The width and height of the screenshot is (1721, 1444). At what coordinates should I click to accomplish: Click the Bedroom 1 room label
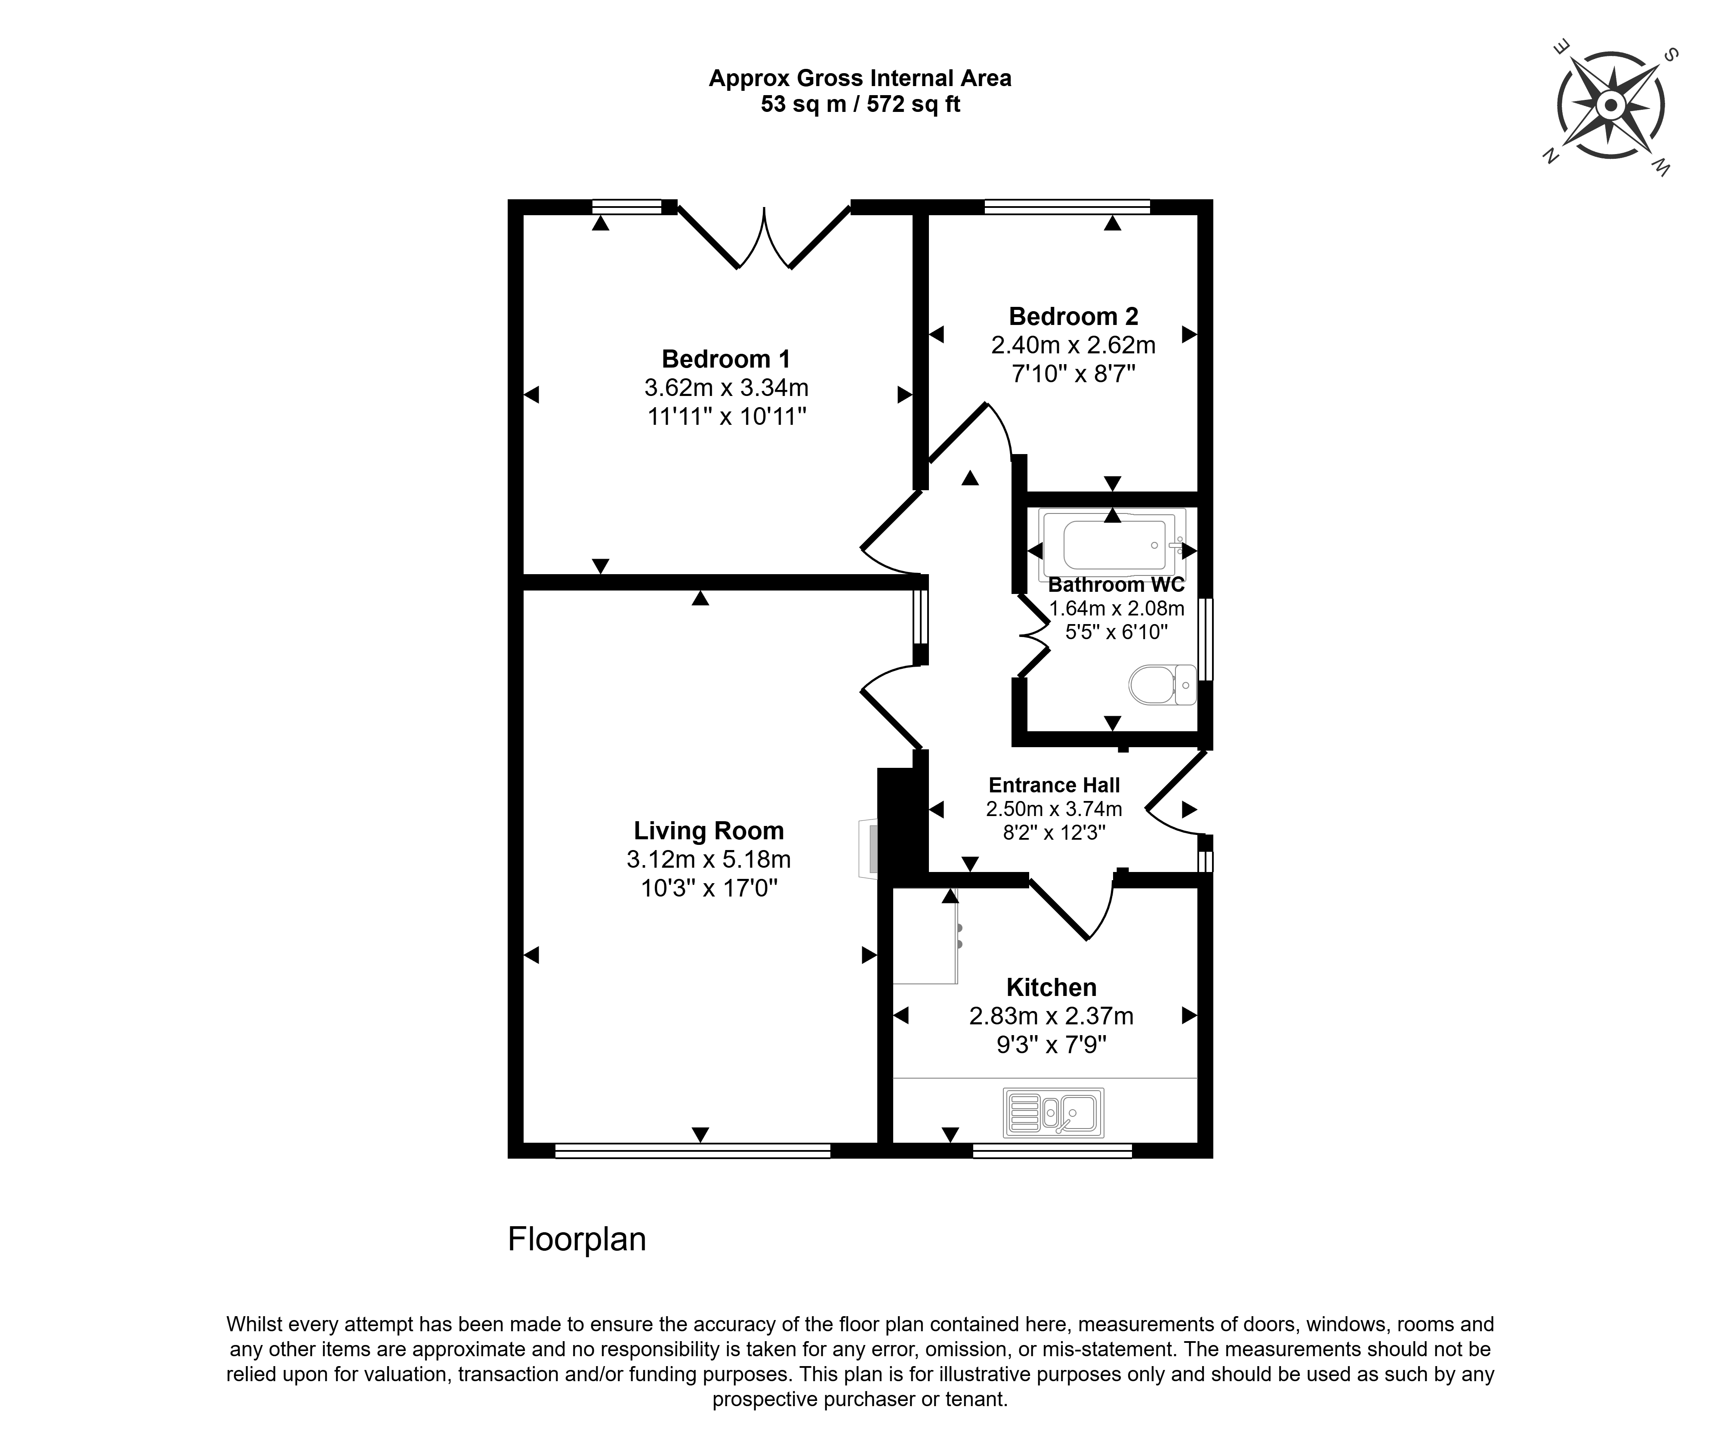click(726, 359)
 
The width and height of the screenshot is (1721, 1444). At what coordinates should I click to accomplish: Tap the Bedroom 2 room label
click(1073, 316)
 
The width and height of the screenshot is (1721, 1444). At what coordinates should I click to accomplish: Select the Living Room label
click(709, 831)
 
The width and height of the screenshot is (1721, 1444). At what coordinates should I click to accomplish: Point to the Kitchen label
click(1052, 987)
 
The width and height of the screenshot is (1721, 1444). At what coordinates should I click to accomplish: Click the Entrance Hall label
click(1055, 785)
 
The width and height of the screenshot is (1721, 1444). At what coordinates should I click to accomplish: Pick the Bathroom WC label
click(1116, 584)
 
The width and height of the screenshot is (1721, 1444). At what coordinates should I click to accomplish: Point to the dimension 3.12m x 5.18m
click(709, 860)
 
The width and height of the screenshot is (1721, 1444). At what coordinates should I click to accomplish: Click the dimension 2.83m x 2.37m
click(1052, 1016)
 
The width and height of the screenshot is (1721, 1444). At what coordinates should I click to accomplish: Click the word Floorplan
click(577, 1239)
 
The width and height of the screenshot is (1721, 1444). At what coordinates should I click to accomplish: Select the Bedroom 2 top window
click(1067, 207)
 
